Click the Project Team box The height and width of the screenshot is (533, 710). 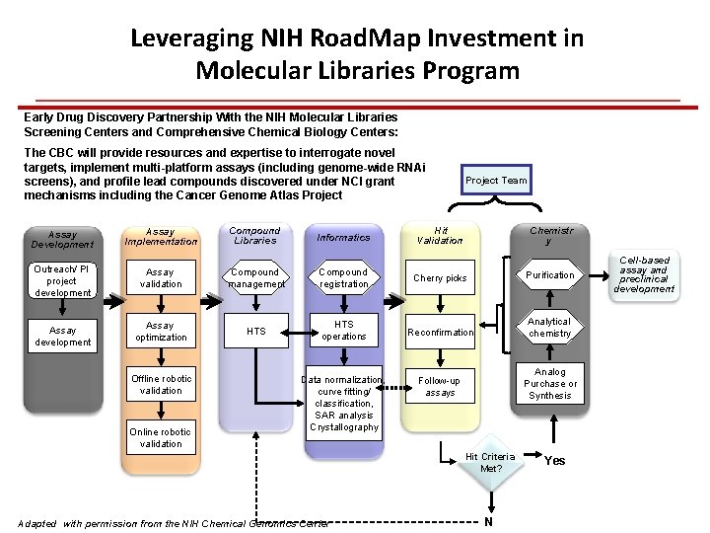(x=496, y=180)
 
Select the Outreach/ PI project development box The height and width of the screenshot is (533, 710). (x=62, y=280)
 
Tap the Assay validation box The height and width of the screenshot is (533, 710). (x=161, y=278)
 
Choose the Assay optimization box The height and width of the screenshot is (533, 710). (x=161, y=332)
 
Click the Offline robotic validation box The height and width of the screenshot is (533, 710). (x=161, y=385)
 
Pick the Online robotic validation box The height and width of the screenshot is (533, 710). (x=161, y=437)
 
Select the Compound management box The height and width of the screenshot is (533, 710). (x=255, y=278)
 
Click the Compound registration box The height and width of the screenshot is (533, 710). (x=343, y=278)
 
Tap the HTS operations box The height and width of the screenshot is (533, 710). (x=343, y=331)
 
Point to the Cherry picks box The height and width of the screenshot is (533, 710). (x=440, y=278)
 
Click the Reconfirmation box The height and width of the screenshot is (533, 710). (x=440, y=332)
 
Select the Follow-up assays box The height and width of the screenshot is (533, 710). (x=440, y=386)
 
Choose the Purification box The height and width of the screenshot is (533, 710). (x=549, y=275)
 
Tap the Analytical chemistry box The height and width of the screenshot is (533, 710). (x=549, y=328)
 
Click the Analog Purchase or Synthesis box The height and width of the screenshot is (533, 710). (x=549, y=383)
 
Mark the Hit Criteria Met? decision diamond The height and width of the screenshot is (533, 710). (x=490, y=463)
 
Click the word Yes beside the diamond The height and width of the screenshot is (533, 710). (x=555, y=461)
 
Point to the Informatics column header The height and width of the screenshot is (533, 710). (x=343, y=237)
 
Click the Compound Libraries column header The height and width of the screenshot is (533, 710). (x=255, y=236)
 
